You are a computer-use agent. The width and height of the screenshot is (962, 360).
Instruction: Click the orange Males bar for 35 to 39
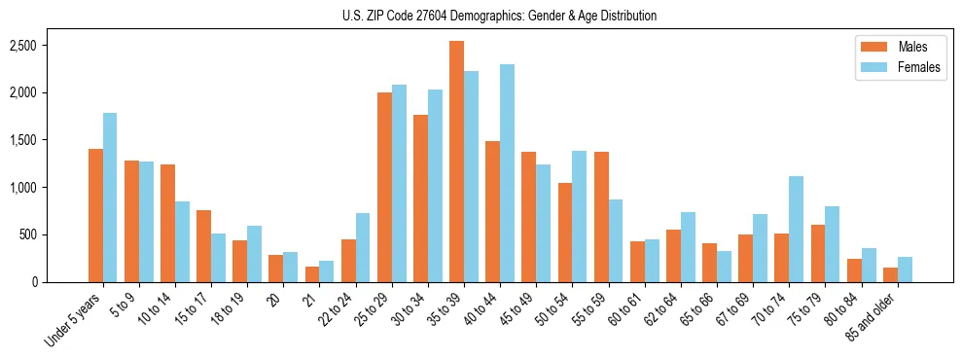coord(456,162)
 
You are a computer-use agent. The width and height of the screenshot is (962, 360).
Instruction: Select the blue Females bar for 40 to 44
coord(507,173)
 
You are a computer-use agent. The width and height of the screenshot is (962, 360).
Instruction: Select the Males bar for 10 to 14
coord(167,223)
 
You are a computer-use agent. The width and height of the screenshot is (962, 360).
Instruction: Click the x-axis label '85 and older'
coord(873,319)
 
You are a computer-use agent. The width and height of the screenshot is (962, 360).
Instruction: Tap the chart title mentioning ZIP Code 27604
coord(499,16)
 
